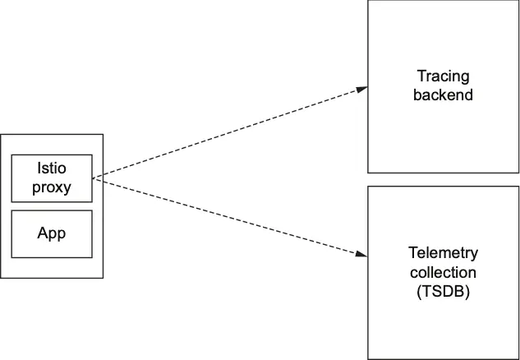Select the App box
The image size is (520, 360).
[51, 233]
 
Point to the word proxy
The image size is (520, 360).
[51, 187]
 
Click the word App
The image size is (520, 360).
[51, 233]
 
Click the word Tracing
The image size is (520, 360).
[443, 76]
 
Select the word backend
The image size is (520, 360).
[443, 95]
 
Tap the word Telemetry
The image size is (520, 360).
[443, 253]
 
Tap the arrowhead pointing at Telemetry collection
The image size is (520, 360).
[362, 254]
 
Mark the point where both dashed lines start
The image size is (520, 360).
[93, 178]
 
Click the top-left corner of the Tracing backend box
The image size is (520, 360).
[368, 1]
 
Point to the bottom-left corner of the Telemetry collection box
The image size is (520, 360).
[368, 359]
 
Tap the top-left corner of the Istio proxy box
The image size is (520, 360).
[12, 154]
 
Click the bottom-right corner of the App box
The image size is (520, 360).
[92, 257]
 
